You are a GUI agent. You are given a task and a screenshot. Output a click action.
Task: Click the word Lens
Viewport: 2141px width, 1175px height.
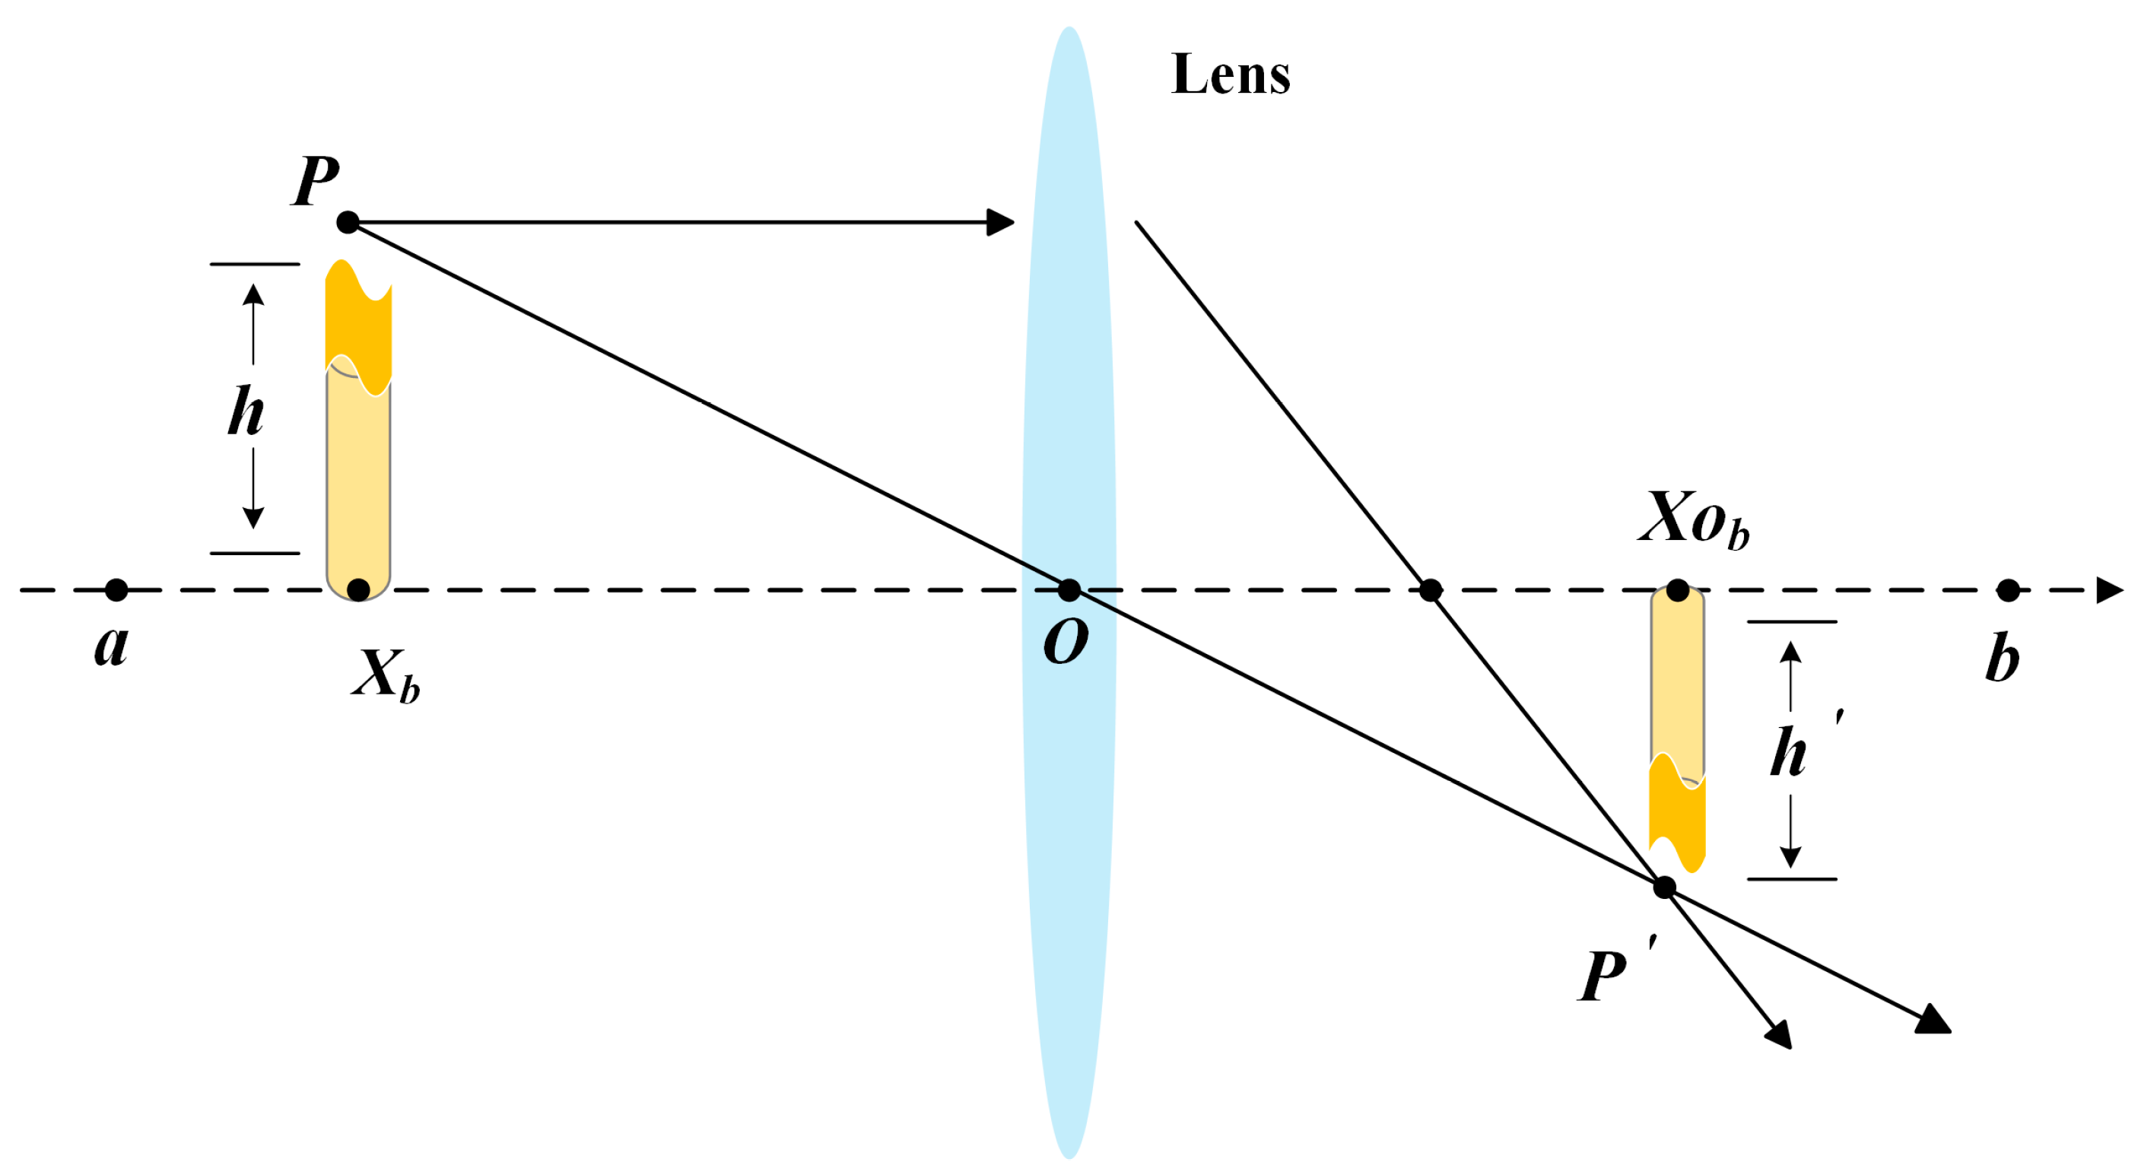1230,75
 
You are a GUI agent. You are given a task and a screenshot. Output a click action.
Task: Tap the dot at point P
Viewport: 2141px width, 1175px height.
348,223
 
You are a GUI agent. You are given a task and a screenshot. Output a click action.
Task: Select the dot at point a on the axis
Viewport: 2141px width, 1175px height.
116,590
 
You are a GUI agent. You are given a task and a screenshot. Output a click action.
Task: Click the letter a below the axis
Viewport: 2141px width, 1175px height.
111,645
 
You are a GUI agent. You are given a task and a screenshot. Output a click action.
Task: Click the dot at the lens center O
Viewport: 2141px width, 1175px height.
1069,590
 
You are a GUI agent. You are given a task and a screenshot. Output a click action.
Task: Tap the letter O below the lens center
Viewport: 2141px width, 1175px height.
1066,642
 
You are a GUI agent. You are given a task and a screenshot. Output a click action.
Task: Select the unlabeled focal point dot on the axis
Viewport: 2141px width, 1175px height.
1430,590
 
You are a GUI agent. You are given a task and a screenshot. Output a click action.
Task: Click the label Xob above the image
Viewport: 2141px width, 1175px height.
1692,519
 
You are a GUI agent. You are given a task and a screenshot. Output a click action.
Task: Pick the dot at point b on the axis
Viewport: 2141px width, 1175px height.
2008,590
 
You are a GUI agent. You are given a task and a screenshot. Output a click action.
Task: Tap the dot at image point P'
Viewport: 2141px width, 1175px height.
1664,888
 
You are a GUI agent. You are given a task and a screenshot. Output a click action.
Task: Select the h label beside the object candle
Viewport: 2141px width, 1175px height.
246,411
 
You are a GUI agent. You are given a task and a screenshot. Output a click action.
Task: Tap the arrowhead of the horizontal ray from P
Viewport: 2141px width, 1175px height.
1001,223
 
